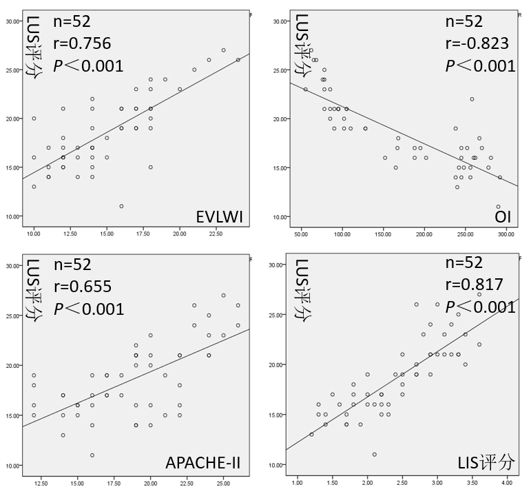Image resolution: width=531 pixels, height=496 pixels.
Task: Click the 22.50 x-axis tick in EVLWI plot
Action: pos(216,234)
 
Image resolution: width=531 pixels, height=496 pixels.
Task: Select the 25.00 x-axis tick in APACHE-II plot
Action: pos(223,476)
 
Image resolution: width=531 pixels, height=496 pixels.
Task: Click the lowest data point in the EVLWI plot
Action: pos(121,206)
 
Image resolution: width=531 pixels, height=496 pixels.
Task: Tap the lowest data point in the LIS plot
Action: pos(374,454)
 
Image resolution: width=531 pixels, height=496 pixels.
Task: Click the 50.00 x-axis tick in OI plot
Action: pos(301,234)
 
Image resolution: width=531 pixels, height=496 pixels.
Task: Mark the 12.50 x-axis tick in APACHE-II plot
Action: pos(41,476)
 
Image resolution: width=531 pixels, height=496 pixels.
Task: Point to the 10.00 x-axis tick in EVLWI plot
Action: pos(33,234)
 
